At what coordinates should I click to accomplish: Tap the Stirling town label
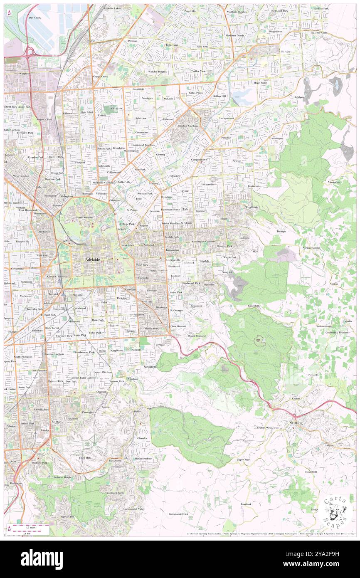296,422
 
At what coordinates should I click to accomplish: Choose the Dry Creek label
35,18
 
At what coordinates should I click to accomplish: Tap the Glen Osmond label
178,326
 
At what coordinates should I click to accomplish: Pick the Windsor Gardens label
188,126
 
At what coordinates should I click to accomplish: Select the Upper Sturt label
244,459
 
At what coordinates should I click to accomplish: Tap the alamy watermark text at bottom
42,559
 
